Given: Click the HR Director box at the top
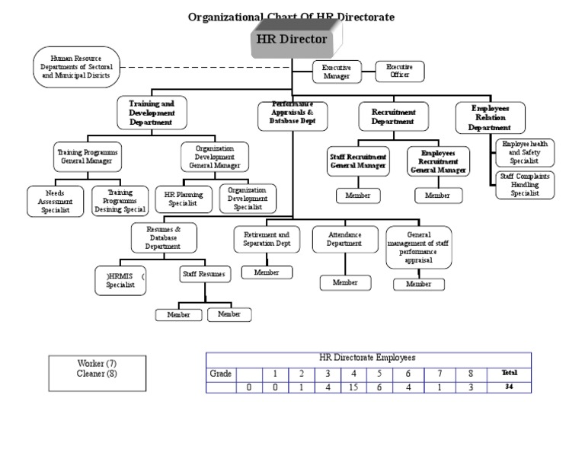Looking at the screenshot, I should (x=292, y=40).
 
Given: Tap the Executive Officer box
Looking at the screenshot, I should (x=399, y=72).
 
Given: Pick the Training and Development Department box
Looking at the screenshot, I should (x=151, y=113).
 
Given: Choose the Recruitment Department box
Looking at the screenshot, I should (x=393, y=116).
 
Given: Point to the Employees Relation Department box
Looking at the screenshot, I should (x=489, y=118).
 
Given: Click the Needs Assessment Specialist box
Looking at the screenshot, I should (x=56, y=201).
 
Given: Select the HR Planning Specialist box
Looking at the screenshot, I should (x=182, y=199).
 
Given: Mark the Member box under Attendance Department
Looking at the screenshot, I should (x=344, y=282).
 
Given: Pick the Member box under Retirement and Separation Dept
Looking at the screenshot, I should (x=267, y=272).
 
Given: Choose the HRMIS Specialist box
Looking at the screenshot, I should (x=120, y=280).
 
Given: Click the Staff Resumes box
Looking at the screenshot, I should (x=203, y=273).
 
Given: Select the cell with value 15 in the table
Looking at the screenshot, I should (x=353, y=387).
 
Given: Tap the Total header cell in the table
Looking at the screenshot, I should (x=509, y=374).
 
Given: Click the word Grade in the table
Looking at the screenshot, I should (x=220, y=374).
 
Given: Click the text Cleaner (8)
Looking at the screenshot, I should (x=97, y=374).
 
